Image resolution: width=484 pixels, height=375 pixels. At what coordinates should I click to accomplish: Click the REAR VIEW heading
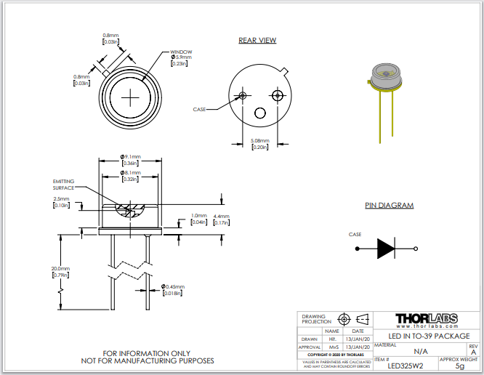pyautogui.click(x=257, y=41)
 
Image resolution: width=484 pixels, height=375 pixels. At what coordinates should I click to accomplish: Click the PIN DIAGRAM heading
pyautogui.click(x=389, y=206)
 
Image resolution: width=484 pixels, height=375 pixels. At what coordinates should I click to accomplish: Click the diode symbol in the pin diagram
pyautogui.click(x=385, y=249)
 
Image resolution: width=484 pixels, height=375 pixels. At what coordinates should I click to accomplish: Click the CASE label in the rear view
pyautogui.click(x=199, y=109)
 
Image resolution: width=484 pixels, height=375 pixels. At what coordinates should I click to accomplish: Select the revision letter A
pyautogui.click(x=473, y=352)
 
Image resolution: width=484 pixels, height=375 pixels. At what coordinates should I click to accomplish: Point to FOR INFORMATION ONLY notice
pyautogui.click(x=148, y=353)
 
